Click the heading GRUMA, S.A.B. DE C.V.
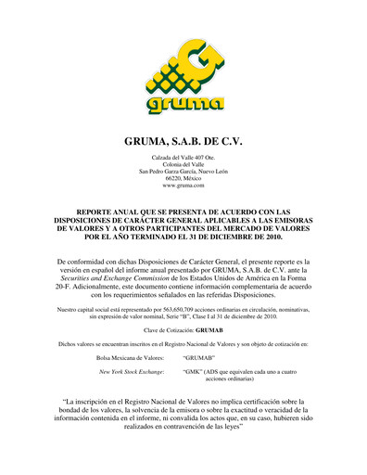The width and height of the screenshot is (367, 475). tap(183, 143)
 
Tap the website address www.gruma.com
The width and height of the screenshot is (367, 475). tap(183, 186)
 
